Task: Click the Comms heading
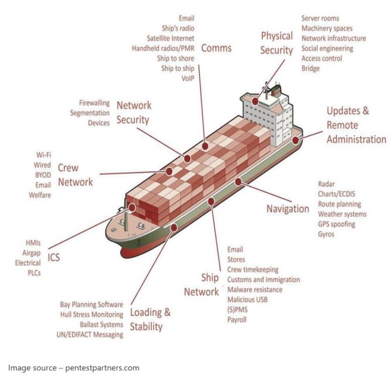[x=216, y=48]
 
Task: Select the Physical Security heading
[x=277, y=43]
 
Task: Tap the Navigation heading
[x=287, y=208]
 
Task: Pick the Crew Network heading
[x=75, y=175]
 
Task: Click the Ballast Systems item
[x=101, y=324]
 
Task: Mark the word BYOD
[x=42, y=175]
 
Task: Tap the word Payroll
[x=237, y=319]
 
